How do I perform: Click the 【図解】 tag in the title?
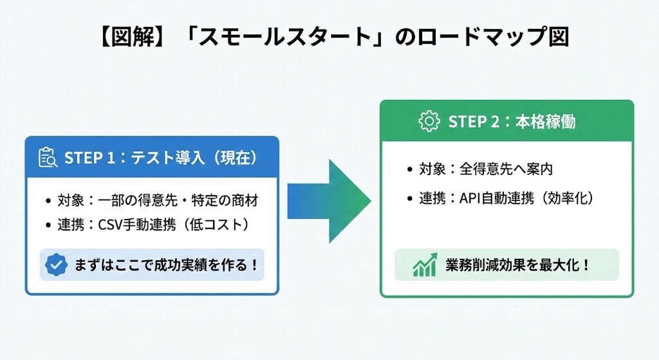tap(129, 37)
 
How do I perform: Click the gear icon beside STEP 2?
tap(429, 122)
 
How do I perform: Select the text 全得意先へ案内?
tap(506, 169)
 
